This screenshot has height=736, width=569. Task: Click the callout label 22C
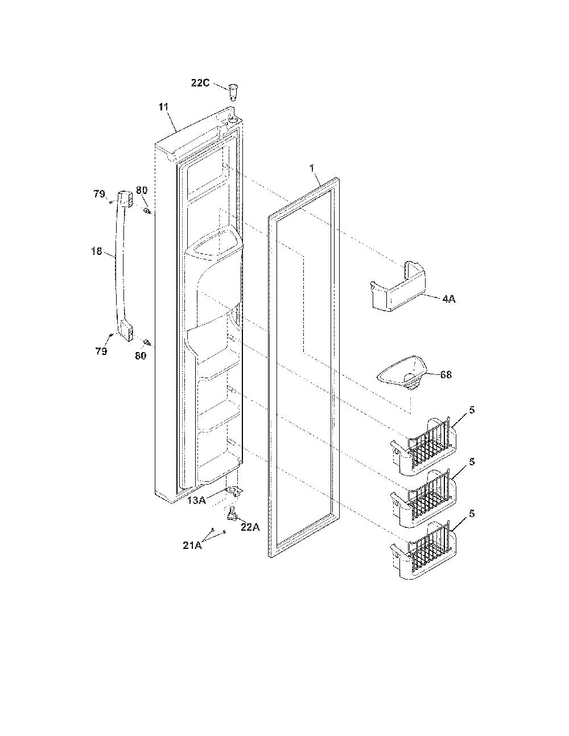[200, 83]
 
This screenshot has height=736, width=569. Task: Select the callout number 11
[164, 107]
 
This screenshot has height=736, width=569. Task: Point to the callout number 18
[97, 251]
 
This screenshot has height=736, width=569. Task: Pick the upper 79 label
[99, 194]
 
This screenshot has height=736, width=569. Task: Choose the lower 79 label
[101, 352]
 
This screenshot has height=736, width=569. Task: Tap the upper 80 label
[142, 191]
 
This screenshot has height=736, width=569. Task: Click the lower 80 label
[141, 355]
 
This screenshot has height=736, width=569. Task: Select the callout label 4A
[449, 299]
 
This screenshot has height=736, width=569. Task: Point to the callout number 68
[446, 375]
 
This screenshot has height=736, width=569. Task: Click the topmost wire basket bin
[423, 446]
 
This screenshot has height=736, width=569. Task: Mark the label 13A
[197, 501]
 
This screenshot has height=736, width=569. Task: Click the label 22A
[250, 527]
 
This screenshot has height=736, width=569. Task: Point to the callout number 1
[312, 168]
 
